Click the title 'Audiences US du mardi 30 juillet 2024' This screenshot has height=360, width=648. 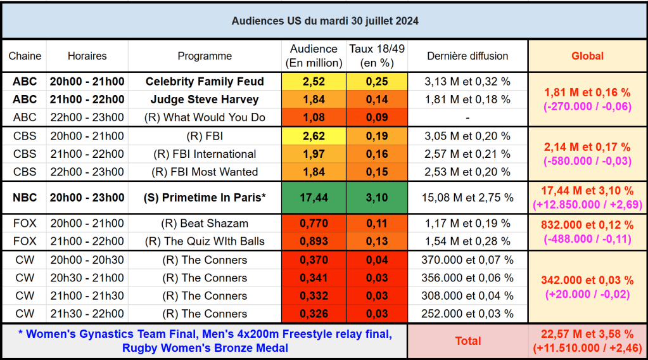324,21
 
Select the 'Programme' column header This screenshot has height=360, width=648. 205,56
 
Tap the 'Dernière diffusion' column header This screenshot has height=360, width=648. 467,56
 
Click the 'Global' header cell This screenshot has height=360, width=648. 587,56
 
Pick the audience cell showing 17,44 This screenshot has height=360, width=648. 314,198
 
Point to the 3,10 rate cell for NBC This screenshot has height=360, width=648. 376,198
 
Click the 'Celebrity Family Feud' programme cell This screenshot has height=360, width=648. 205,82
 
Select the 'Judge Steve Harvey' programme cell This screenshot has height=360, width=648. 205,100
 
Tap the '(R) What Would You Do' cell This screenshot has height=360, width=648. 205,117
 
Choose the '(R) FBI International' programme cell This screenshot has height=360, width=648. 205,154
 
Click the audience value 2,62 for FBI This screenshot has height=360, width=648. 314,136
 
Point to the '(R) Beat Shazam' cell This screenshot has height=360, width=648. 205,223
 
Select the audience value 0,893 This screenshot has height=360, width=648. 314,241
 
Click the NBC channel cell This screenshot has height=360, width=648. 25,198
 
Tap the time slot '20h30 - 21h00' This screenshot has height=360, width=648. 87,278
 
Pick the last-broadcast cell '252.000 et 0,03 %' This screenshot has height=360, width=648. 467,314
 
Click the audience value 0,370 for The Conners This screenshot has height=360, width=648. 314,260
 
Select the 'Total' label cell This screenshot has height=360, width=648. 467,341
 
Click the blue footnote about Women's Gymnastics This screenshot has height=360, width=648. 205,341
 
